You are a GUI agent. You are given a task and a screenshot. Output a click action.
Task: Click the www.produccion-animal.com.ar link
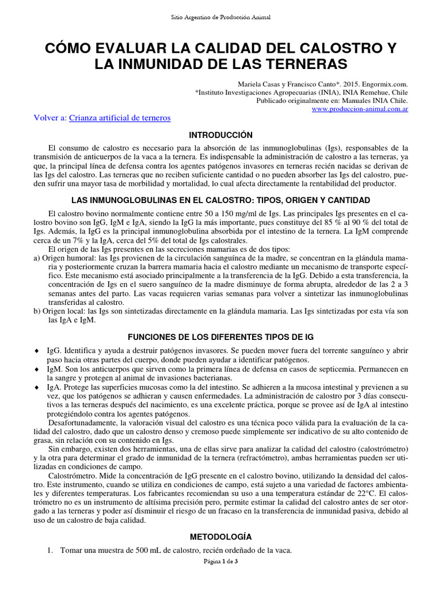(360, 109)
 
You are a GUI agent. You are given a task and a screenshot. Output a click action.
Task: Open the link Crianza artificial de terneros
(120, 118)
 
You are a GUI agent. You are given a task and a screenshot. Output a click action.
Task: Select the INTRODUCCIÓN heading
(221, 135)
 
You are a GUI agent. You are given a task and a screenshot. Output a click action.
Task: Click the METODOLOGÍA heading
(221, 537)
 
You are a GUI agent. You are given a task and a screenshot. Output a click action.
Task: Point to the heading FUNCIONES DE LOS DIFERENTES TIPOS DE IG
(221, 335)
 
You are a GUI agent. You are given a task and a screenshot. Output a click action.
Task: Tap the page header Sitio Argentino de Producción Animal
(221, 17)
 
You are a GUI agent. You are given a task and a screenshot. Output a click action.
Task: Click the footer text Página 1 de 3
(221, 562)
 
